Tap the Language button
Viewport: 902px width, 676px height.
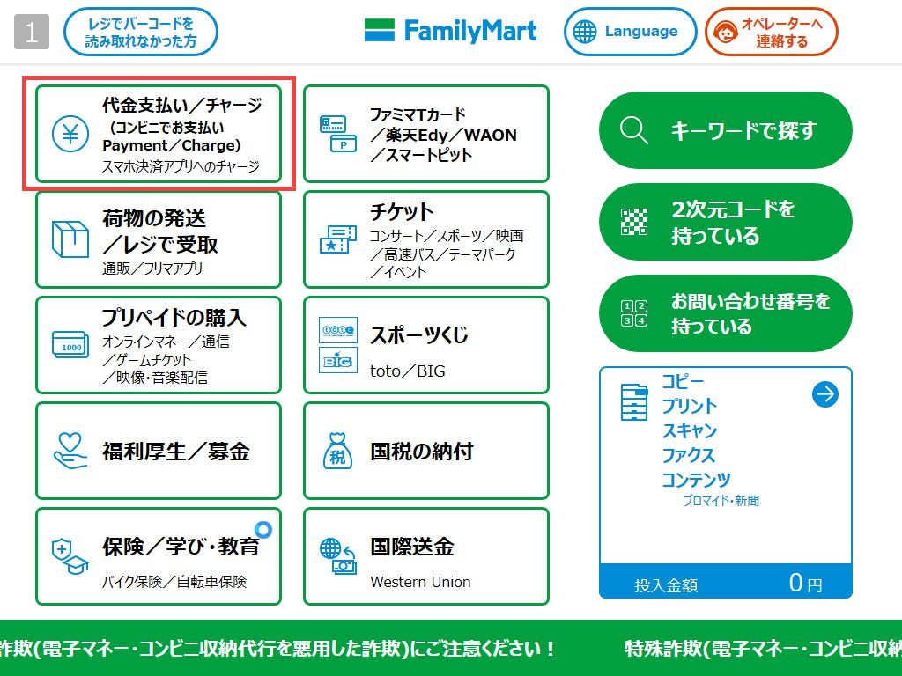click(x=630, y=32)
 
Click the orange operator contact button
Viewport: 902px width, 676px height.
click(x=772, y=32)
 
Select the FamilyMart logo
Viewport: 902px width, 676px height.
click(x=450, y=31)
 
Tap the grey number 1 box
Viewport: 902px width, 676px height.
click(x=32, y=32)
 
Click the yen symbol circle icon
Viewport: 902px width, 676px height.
click(x=70, y=134)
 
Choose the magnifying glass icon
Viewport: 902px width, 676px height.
click(x=634, y=130)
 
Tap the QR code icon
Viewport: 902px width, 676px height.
click(x=634, y=222)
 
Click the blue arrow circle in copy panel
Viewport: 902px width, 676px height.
click(x=824, y=394)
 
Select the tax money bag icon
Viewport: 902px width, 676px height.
click(x=337, y=452)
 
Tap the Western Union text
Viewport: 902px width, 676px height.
click(x=420, y=582)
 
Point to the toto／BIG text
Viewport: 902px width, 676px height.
click(x=407, y=371)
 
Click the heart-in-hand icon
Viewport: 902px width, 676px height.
click(x=70, y=451)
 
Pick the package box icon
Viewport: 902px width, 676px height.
click(x=70, y=239)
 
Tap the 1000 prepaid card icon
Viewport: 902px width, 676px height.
click(x=70, y=345)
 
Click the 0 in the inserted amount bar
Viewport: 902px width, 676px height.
click(x=795, y=583)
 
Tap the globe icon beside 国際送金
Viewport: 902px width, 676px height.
click(x=331, y=547)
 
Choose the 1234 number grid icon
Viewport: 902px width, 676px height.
click(x=634, y=313)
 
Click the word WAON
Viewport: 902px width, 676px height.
click(x=490, y=135)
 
